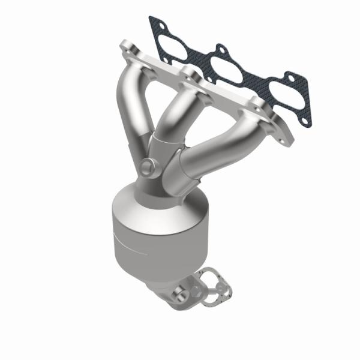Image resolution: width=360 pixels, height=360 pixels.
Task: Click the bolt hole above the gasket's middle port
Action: [221, 49]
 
